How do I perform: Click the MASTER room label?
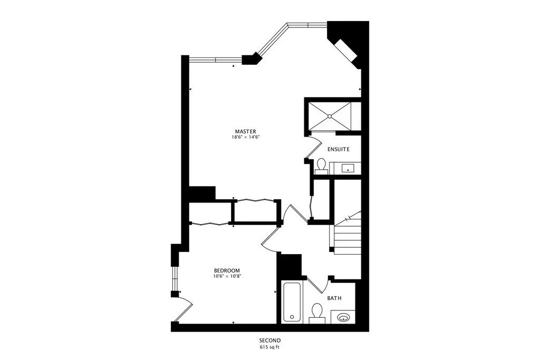pos(246,131)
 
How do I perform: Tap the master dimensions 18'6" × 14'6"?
pos(246,137)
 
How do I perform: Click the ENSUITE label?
pos(338,149)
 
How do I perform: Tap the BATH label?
pos(334,298)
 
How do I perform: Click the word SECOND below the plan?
pos(269,340)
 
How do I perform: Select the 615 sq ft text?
pos(269,347)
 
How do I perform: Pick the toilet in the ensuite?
pos(321,166)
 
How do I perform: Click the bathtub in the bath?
pos(292,302)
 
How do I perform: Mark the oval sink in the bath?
pos(344,317)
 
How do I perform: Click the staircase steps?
pos(347,235)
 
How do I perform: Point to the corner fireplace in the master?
pos(346,48)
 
